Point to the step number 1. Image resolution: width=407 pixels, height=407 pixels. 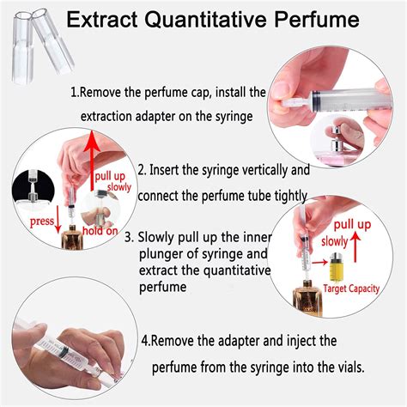[x=74, y=92]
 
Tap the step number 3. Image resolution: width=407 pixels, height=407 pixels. [x=128, y=237]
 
